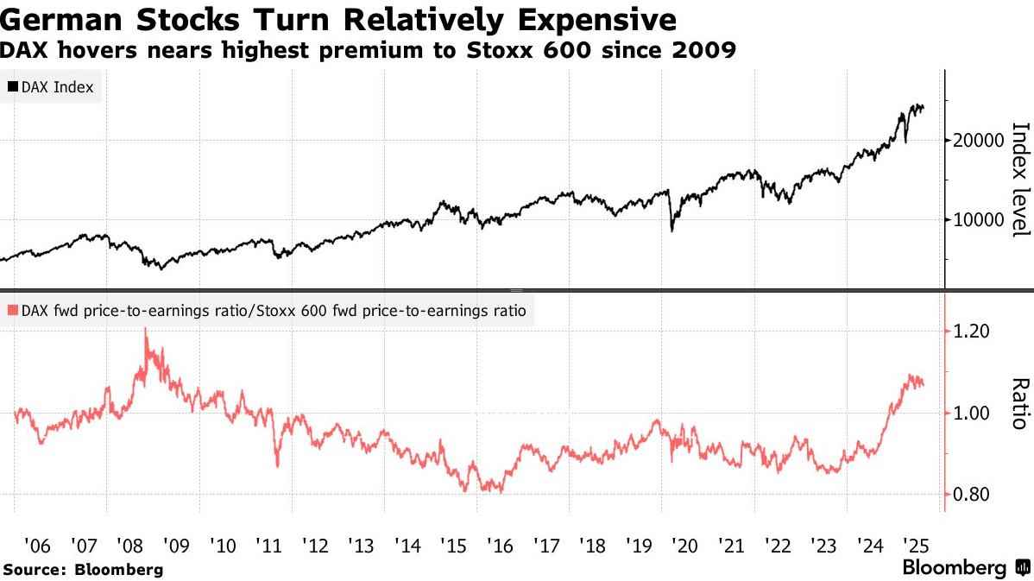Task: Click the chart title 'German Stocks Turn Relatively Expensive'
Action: pyautogui.click(x=337, y=19)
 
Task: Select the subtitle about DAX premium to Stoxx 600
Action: pyautogui.click(x=368, y=51)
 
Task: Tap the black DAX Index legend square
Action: pyautogui.click(x=13, y=87)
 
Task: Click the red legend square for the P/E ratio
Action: pyautogui.click(x=13, y=310)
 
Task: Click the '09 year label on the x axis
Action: pyautogui.click(x=175, y=546)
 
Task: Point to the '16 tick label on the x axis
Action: pyautogui.click(x=499, y=546)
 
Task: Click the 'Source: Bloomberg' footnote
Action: pyautogui.click(x=83, y=570)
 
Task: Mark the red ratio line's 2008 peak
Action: pyautogui.click(x=146, y=329)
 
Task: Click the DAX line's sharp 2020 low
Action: pyautogui.click(x=671, y=231)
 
